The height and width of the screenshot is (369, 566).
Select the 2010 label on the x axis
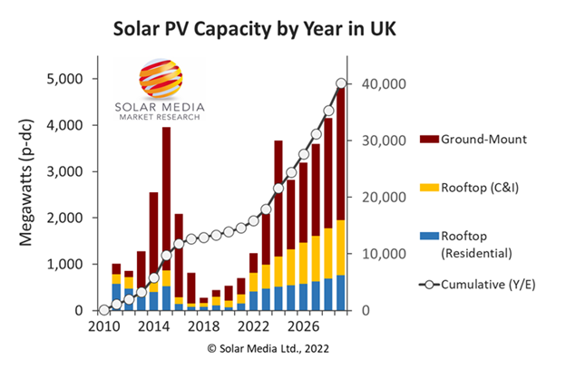[104, 325]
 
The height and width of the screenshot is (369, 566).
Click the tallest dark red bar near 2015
[166, 199]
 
